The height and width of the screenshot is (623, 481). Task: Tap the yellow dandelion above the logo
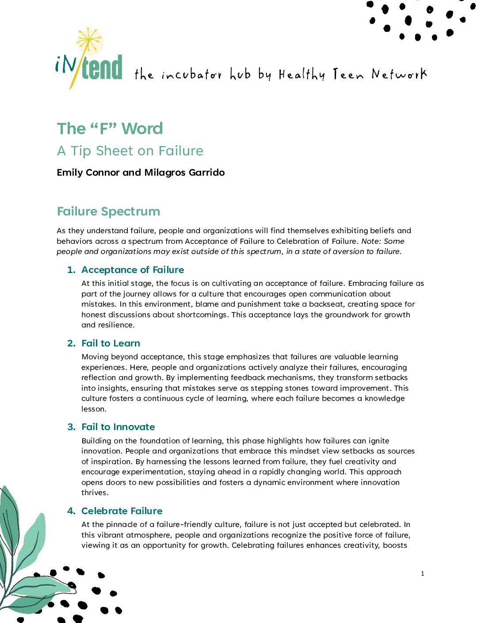(90, 39)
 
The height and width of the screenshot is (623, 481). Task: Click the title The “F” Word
(110, 128)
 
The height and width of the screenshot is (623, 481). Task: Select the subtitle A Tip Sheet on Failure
(130, 151)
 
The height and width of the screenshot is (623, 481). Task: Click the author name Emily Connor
(88, 173)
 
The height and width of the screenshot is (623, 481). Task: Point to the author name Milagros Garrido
(184, 173)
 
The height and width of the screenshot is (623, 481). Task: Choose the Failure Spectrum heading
(108, 212)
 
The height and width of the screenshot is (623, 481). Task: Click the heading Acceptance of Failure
(133, 270)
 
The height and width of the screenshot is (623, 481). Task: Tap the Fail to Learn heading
(111, 343)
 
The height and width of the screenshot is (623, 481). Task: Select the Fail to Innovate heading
(118, 427)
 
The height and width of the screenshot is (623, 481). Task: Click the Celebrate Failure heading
(122, 511)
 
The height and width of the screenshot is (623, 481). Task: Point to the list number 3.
(71, 427)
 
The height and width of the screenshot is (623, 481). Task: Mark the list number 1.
(71, 270)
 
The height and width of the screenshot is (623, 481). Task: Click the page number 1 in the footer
(422, 574)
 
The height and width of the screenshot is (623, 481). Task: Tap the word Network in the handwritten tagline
(399, 74)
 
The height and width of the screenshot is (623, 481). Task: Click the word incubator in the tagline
(191, 75)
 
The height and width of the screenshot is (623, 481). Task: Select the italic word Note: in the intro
(370, 241)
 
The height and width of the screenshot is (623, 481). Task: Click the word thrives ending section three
(94, 492)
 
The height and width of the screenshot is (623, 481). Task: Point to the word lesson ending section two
(93, 409)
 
